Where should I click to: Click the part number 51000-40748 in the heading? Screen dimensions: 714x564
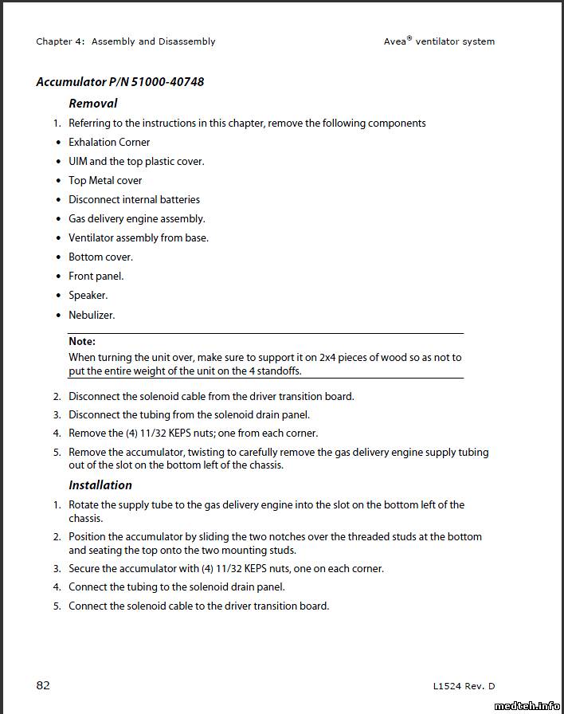tap(166, 82)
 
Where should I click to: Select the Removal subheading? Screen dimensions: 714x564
tap(92, 103)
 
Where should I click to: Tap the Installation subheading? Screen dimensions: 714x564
tap(100, 484)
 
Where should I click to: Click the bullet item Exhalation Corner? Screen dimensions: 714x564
tap(109, 142)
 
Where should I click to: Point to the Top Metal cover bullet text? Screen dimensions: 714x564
tap(105, 180)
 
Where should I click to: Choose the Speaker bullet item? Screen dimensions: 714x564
tap(88, 295)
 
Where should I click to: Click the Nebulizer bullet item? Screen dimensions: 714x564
tap(92, 315)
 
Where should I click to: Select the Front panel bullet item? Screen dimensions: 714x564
tap(96, 276)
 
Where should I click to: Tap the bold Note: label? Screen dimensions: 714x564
tap(82, 341)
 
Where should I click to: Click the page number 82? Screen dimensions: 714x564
tap(43, 685)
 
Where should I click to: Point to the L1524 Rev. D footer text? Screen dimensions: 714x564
tap(464, 686)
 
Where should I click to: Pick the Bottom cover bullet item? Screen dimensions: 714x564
tap(100, 257)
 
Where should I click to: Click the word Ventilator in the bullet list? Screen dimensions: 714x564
tap(91, 237)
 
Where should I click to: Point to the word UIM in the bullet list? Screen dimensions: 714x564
tap(77, 161)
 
